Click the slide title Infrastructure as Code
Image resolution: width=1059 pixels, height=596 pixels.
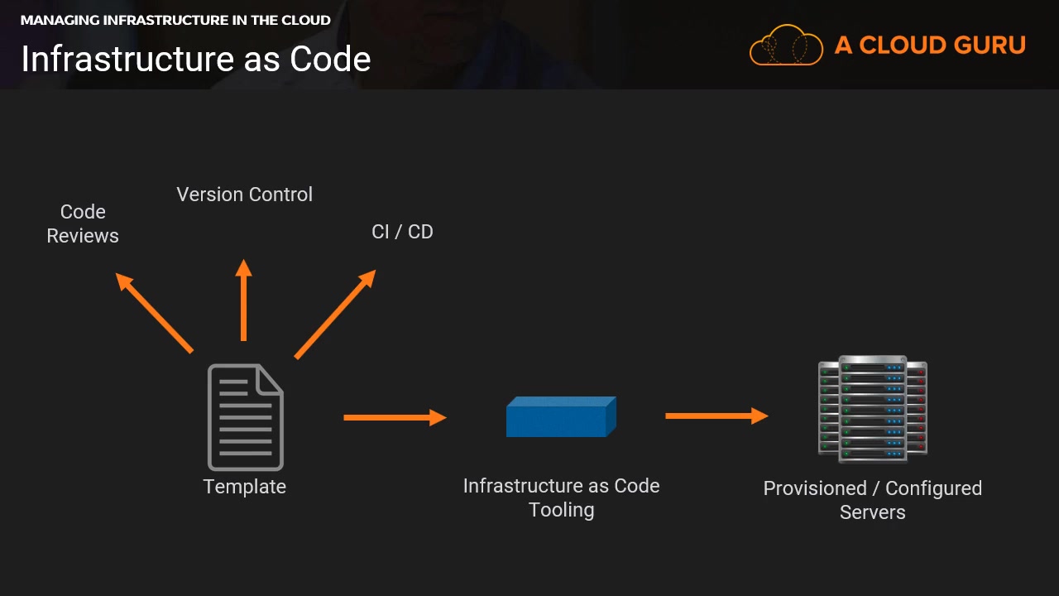point(196,59)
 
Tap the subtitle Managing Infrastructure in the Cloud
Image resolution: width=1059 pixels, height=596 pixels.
point(175,20)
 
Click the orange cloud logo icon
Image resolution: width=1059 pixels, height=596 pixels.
point(785,45)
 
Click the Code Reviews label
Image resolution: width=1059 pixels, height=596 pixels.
point(83,223)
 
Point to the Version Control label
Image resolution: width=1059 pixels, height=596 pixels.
point(245,195)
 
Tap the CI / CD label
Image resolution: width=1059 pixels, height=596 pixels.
point(402,232)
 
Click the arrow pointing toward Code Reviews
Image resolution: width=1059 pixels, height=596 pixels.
point(155,313)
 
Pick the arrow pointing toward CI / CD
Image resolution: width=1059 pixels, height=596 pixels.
point(335,314)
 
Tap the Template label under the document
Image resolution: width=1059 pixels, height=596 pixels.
point(245,487)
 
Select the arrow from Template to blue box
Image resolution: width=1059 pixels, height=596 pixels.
point(395,417)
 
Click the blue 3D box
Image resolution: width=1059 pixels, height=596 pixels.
point(560,416)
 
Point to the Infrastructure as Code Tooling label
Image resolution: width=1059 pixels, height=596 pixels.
point(561,497)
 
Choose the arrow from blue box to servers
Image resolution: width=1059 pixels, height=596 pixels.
point(716,416)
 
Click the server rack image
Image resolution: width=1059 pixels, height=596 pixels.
point(872,409)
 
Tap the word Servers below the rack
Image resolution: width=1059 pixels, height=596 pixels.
point(872,512)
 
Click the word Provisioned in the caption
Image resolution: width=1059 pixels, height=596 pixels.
point(814,488)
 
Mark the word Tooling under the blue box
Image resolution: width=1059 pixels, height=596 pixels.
point(561,510)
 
